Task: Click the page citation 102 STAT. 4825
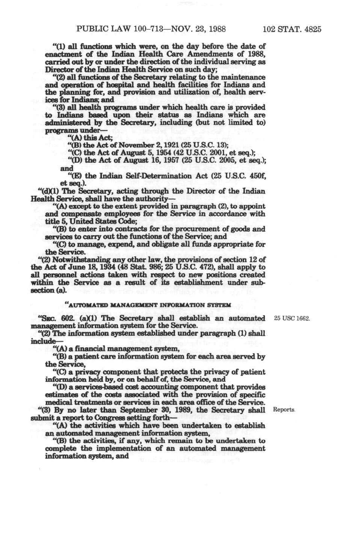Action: coord(292,29)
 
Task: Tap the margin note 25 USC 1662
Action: coord(292,318)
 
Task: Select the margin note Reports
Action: coord(284,410)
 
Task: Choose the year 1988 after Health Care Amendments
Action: coord(256,54)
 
